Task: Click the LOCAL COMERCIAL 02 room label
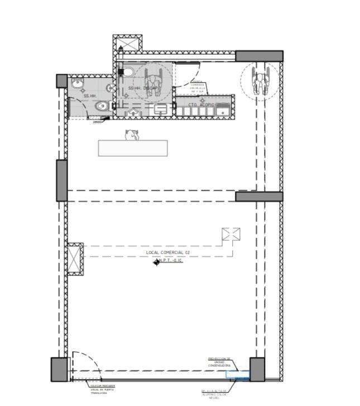(168, 253)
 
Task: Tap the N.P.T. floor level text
(170, 260)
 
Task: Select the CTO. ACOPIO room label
(201, 104)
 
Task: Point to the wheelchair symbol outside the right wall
(260, 80)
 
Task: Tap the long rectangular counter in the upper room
(133, 147)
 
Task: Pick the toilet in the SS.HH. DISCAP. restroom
(127, 71)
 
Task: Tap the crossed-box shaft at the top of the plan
(128, 43)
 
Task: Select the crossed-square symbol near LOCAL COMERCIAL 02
(231, 235)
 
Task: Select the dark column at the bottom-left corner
(59, 369)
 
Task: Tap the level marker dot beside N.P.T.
(157, 262)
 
